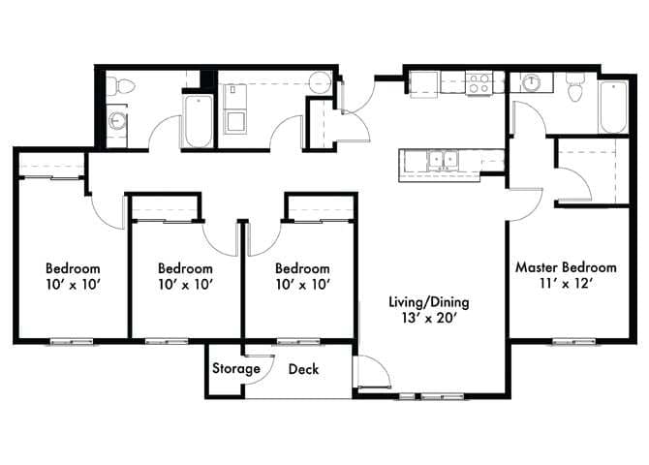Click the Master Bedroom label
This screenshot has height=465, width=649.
click(x=566, y=267)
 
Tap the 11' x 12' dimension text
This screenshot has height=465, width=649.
click(x=566, y=285)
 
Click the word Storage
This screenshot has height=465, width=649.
click(x=236, y=369)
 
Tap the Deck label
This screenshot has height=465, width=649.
click(x=303, y=369)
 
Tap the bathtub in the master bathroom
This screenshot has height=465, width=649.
click(x=613, y=107)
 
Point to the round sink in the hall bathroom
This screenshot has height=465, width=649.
click(x=117, y=121)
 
